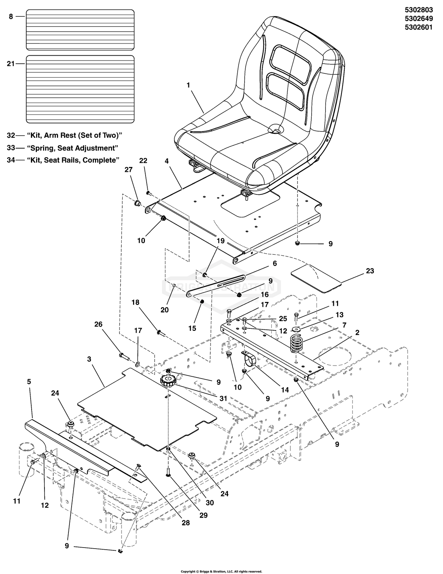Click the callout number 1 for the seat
[188, 85]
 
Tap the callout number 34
[11, 160]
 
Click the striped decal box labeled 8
[80, 30]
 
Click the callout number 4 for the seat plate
[167, 161]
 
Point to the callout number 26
[98, 325]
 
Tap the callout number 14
[285, 390]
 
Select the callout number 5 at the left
[29, 382]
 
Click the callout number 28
[186, 522]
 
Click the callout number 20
[164, 309]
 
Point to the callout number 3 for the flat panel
[89, 359]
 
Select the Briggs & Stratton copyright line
[221, 571]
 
